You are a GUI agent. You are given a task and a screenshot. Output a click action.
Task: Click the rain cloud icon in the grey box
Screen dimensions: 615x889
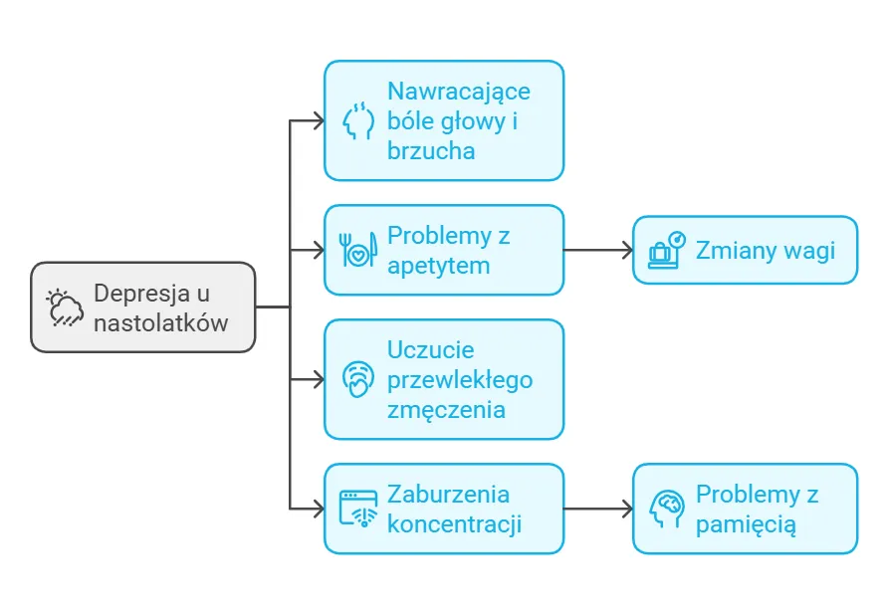[x=66, y=307]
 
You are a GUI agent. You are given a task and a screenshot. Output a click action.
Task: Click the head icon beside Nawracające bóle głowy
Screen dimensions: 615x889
[x=358, y=120]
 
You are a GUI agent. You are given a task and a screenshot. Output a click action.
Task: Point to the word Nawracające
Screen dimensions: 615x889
[x=458, y=92]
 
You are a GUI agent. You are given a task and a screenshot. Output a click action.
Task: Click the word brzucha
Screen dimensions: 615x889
[x=431, y=151]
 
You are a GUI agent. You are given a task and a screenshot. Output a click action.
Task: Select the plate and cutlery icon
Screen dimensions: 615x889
[x=357, y=250]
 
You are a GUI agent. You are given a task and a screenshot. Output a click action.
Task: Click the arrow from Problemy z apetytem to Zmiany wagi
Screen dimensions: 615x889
[x=597, y=250]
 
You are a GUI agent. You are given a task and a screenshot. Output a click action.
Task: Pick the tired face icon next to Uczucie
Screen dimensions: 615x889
[x=358, y=379]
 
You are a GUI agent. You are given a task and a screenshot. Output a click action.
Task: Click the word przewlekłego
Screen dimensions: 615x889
[x=460, y=380]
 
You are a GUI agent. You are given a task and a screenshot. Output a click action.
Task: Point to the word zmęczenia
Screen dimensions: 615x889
[x=446, y=410]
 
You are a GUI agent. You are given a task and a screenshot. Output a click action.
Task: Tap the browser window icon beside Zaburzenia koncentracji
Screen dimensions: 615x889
[x=357, y=509]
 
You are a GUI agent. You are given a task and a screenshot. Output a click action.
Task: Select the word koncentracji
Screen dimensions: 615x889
[x=454, y=524]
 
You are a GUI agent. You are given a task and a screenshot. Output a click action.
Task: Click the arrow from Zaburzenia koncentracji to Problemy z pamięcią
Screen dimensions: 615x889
[x=597, y=509]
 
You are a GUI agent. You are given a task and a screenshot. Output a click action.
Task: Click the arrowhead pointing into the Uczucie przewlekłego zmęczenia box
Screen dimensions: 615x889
[x=318, y=379]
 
